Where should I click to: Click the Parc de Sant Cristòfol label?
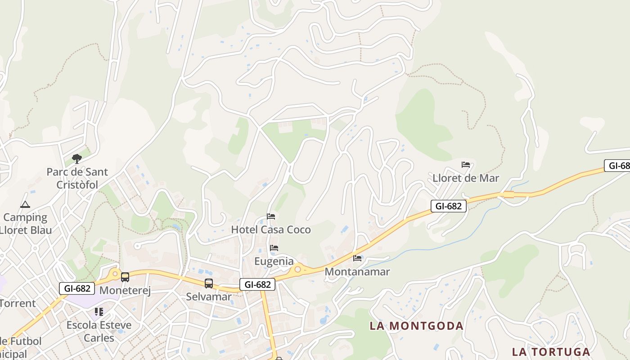tap(77, 178)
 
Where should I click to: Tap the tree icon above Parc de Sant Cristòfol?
tap(77, 158)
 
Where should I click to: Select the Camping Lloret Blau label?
tap(26, 224)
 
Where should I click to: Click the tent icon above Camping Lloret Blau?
tap(25, 205)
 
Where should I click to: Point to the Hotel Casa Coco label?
tap(271, 229)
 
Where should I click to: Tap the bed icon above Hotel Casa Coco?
tap(271, 216)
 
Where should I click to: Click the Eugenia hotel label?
tap(274, 261)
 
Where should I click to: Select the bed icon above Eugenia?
tap(274, 248)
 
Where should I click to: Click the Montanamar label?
tap(357, 271)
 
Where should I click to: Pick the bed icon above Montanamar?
tap(357, 258)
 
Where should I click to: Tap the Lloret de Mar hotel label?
tap(466, 178)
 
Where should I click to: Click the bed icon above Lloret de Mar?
tap(466, 165)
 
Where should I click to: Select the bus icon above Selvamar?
tap(209, 283)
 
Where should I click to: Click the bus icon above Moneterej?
tap(125, 277)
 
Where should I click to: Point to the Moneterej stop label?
tap(125, 290)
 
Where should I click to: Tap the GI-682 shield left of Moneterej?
tap(77, 288)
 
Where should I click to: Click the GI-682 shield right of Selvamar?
tap(257, 284)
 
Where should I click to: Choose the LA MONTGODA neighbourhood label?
tap(416, 326)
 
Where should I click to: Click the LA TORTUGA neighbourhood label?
tap(551, 351)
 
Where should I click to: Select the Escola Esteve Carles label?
tap(99, 331)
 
